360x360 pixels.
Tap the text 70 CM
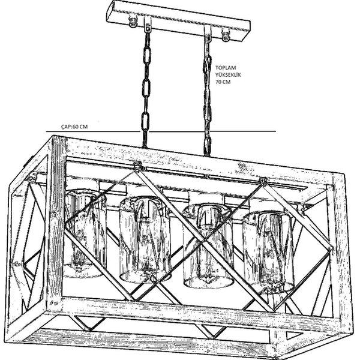223,83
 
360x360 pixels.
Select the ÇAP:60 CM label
74,127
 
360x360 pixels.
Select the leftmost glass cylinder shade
84,234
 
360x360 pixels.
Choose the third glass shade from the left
208,246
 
